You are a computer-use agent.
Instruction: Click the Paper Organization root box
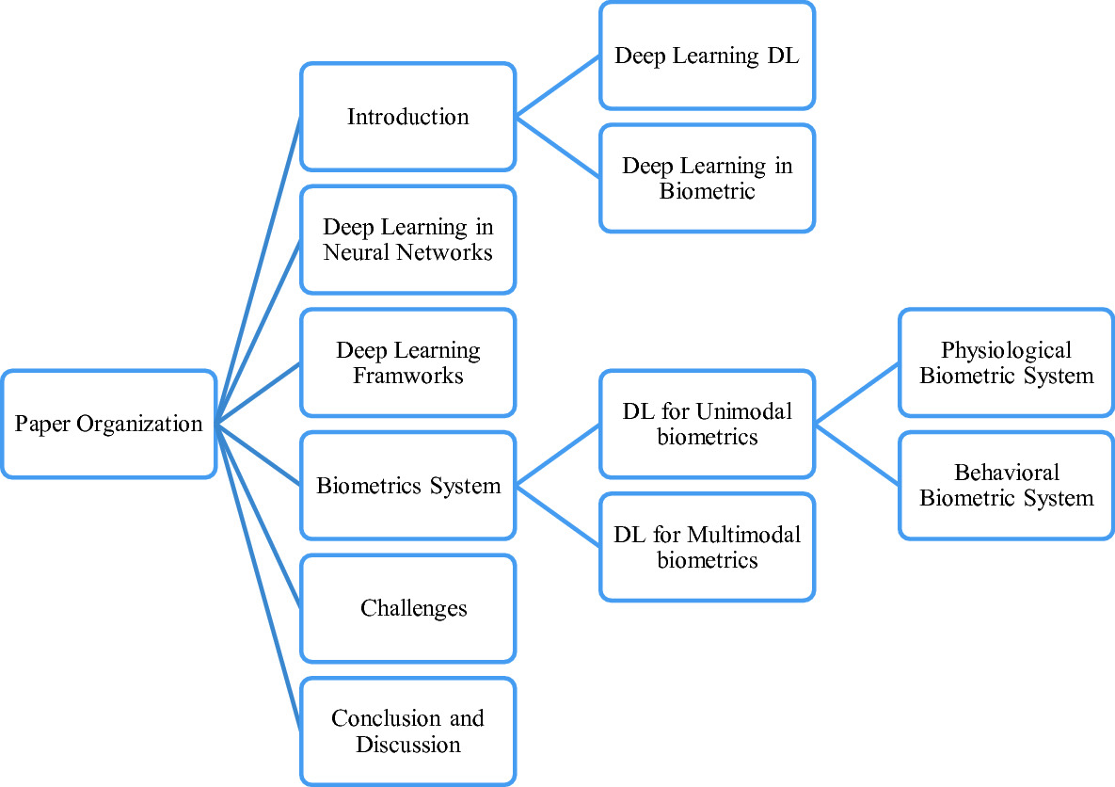click(108, 424)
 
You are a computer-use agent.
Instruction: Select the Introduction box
click(407, 117)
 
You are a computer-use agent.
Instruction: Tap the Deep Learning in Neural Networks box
click(407, 240)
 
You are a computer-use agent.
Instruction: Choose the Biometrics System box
click(407, 486)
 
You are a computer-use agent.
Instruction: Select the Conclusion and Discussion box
click(407, 731)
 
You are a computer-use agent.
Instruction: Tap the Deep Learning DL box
click(707, 56)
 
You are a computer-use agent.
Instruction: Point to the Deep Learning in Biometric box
click(707, 178)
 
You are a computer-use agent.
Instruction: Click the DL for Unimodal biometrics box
click(707, 424)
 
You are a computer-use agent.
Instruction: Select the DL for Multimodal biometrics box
click(707, 547)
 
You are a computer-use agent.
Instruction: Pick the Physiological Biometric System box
click(1006, 362)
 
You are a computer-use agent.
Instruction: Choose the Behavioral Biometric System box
click(1006, 485)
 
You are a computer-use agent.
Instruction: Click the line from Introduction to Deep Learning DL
click(558, 86)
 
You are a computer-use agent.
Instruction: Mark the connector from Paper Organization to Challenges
click(259, 517)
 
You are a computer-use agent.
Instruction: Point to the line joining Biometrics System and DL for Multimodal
click(558, 516)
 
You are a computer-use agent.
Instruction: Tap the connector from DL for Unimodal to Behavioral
click(857, 455)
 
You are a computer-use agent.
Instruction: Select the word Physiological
click(1006, 350)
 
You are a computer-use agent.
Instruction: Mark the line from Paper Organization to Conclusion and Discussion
click(259, 578)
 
